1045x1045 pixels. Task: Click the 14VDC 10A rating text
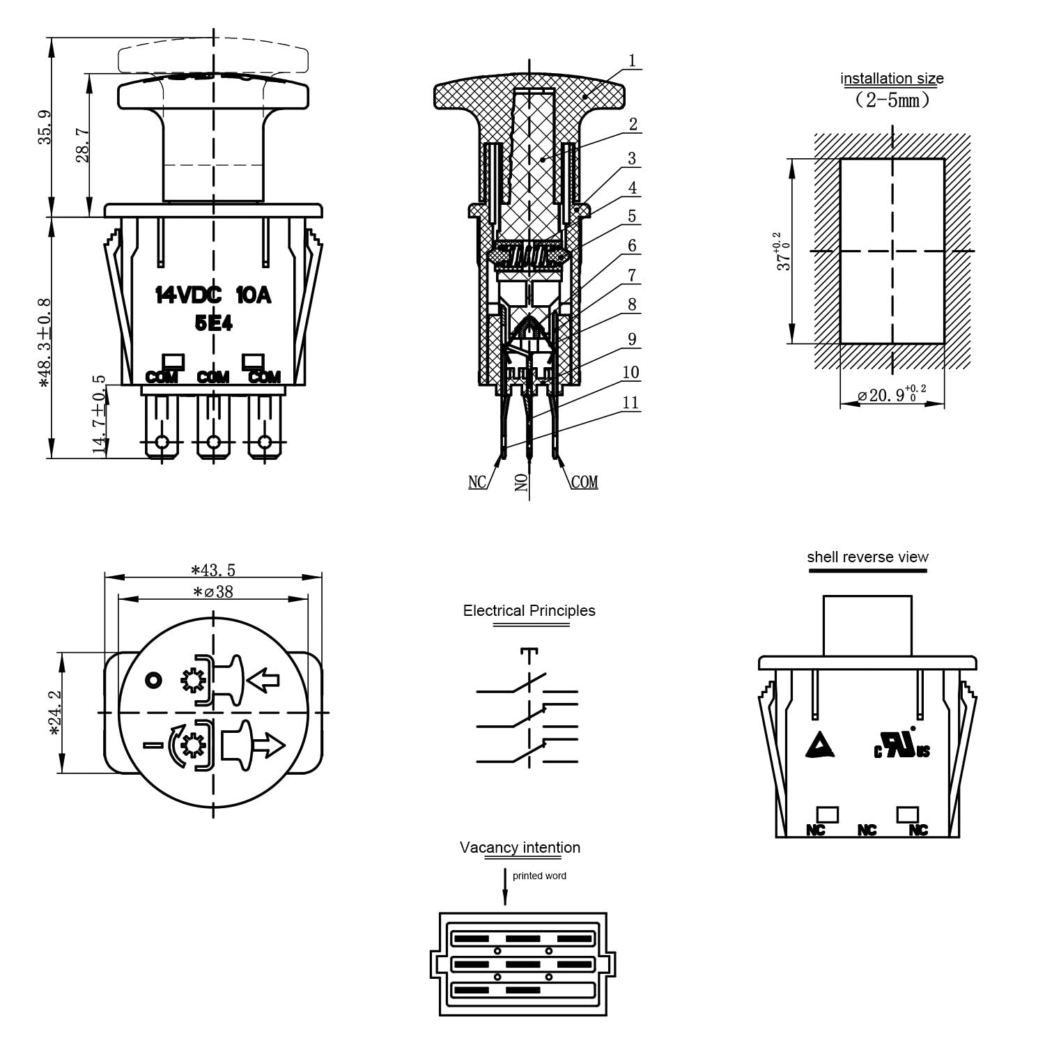point(213,296)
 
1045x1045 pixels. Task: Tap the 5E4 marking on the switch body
point(213,323)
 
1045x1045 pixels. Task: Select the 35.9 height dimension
point(45,127)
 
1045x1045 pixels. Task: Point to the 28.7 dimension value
point(83,145)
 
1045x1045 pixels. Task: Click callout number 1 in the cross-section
point(632,61)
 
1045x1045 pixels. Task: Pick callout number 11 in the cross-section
point(630,403)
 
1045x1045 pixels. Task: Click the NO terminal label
point(522,481)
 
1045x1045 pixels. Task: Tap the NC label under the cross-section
point(477,482)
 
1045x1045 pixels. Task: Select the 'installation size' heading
point(892,79)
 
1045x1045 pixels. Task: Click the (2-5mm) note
point(892,100)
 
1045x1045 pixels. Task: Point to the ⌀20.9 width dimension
point(892,395)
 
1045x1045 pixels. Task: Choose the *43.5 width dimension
point(214,571)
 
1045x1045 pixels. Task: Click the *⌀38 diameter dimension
point(214,592)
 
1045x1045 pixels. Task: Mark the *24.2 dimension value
point(56,713)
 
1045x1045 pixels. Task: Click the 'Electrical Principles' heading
point(529,611)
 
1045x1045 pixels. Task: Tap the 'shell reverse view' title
point(867,557)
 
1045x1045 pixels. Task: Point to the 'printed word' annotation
point(539,876)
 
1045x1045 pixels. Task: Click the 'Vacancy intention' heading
point(520,848)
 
